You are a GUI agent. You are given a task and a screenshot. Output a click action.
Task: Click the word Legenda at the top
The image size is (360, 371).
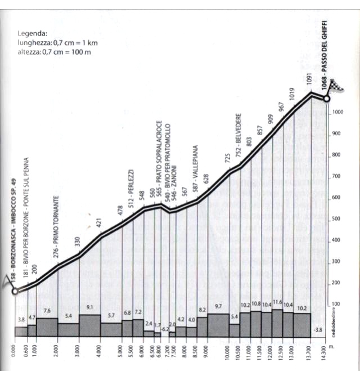point(32,33)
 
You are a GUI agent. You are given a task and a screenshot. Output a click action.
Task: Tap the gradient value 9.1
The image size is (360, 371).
point(90,307)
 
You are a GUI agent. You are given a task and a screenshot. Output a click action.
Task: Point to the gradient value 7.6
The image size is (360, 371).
point(47,311)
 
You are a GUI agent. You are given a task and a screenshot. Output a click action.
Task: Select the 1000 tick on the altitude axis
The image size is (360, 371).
point(338,112)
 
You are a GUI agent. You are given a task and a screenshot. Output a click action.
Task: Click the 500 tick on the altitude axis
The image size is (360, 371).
point(337,219)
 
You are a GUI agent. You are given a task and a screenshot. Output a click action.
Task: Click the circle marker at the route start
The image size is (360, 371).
point(15,291)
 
